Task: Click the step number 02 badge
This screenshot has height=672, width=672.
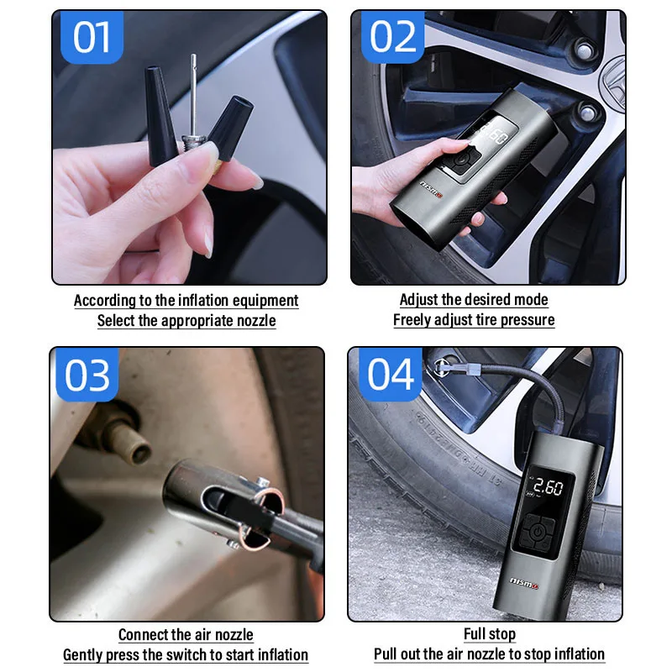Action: (x=392, y=38)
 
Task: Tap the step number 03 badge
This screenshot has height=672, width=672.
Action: (x=87, y=376)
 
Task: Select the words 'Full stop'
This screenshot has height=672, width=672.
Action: (x=490, y=634)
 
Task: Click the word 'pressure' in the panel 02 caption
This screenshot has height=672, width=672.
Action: (x=528, y=320)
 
